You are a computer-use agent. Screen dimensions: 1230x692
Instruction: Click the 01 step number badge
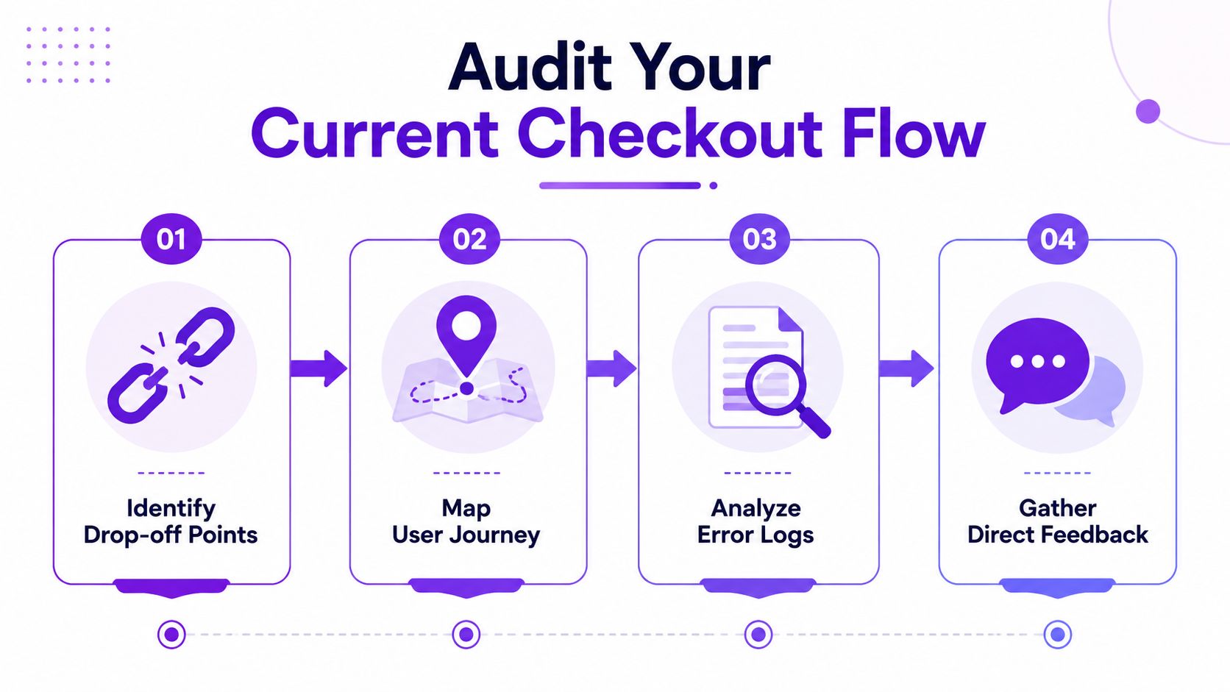(x=171, y=239)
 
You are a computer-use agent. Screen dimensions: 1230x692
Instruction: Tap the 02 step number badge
(x=469, y=239)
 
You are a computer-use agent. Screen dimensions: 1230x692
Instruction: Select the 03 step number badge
(x=759, y=239)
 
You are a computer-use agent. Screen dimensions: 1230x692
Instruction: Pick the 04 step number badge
(x=1058, y=239)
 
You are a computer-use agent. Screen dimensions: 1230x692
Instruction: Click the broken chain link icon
(x=171, y=365)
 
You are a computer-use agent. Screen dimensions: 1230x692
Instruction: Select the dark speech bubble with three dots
(x=1037, y=363)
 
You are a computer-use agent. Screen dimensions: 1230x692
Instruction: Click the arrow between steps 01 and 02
(x=319, y=368)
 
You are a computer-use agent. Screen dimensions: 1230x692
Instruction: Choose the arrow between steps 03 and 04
(x=906, y=368)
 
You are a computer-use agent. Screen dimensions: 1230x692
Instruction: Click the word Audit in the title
(x=530, y=67)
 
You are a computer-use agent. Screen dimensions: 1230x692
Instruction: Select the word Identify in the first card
(x=171, y=509)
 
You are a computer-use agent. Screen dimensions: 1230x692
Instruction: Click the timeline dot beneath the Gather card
(x=1058, y=635)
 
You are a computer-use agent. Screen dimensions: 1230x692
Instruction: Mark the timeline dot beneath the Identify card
(x=171, y=635)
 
